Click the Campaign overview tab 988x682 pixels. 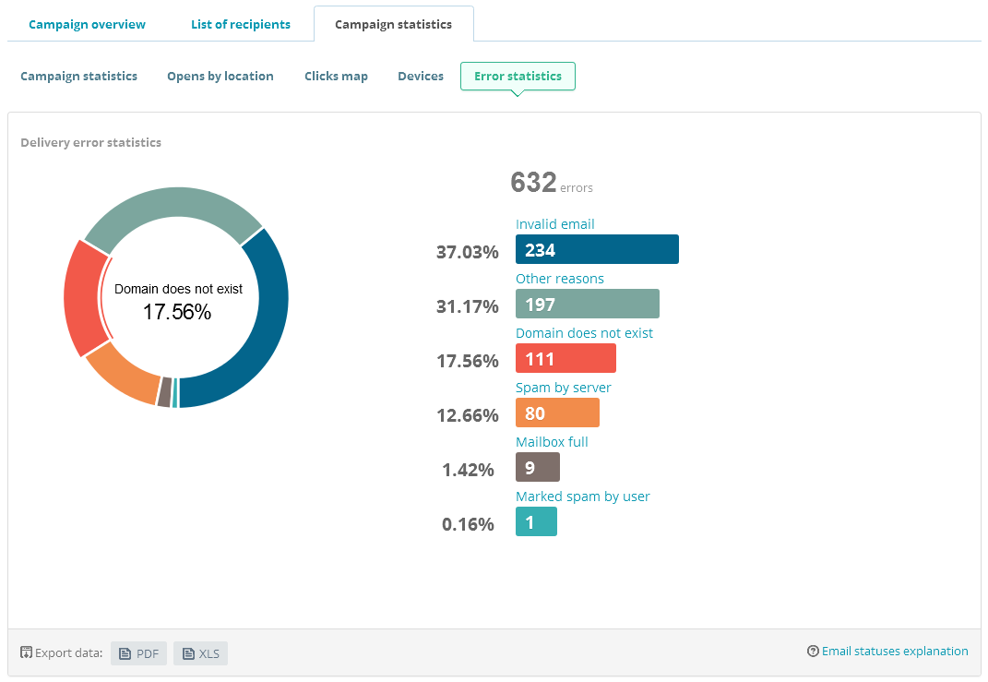pos(87,24)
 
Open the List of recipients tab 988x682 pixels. pos(241,24)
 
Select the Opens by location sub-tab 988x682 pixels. pos(220,76)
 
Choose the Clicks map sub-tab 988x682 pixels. pos(336,76)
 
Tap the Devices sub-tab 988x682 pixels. pos(421,76)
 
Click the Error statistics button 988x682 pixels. pos(518,76)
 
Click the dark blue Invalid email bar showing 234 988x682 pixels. pos(597,249)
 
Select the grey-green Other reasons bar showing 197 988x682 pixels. pos(587,304)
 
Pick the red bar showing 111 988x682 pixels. pos(565,358)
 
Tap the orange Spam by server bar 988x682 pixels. pos(557,413)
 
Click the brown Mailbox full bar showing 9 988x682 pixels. pos(537,467)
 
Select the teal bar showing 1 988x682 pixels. pos(536,521)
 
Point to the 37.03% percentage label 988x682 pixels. pos(467,252)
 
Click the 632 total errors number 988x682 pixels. pos(533,183)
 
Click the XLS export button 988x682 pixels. pos(200,653)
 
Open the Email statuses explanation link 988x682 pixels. pos(887,651)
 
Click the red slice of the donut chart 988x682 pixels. pos(81,297)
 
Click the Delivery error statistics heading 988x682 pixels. pos(91,142)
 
